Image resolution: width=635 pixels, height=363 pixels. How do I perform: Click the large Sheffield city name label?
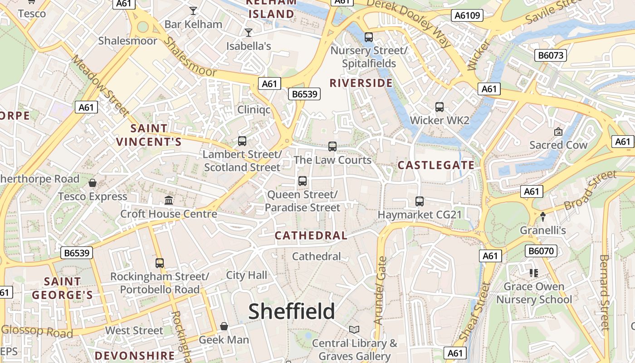(292, 311)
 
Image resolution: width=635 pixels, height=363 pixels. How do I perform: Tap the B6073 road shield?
(551, 55)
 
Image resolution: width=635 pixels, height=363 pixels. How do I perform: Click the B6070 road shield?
(541, 251)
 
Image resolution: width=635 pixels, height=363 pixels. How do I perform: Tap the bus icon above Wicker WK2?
(439, 107)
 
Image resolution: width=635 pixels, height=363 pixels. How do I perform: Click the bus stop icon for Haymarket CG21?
(420, 201)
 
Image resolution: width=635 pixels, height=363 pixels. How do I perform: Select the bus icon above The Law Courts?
(332, 147)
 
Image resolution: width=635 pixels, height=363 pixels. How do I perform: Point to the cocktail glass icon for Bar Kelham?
(193, 11)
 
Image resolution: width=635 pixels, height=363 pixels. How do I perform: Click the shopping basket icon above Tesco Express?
(93, 183)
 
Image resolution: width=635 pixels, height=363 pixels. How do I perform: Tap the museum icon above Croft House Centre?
(169, 200)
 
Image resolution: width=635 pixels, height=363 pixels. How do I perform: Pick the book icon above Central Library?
(354, 329)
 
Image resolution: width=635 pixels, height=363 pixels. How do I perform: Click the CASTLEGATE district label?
(436, 166)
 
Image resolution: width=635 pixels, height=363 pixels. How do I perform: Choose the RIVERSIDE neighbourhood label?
(361, 83)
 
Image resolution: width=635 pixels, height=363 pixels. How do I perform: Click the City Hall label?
(247, 275)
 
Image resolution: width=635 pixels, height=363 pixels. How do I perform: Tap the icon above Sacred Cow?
(558, 132)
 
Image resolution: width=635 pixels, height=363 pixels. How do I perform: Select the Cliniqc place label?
(254, 110)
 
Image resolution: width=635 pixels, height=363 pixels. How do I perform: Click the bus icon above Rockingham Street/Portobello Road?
(160, 263)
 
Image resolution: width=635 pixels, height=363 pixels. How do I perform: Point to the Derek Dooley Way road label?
(409, 23)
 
